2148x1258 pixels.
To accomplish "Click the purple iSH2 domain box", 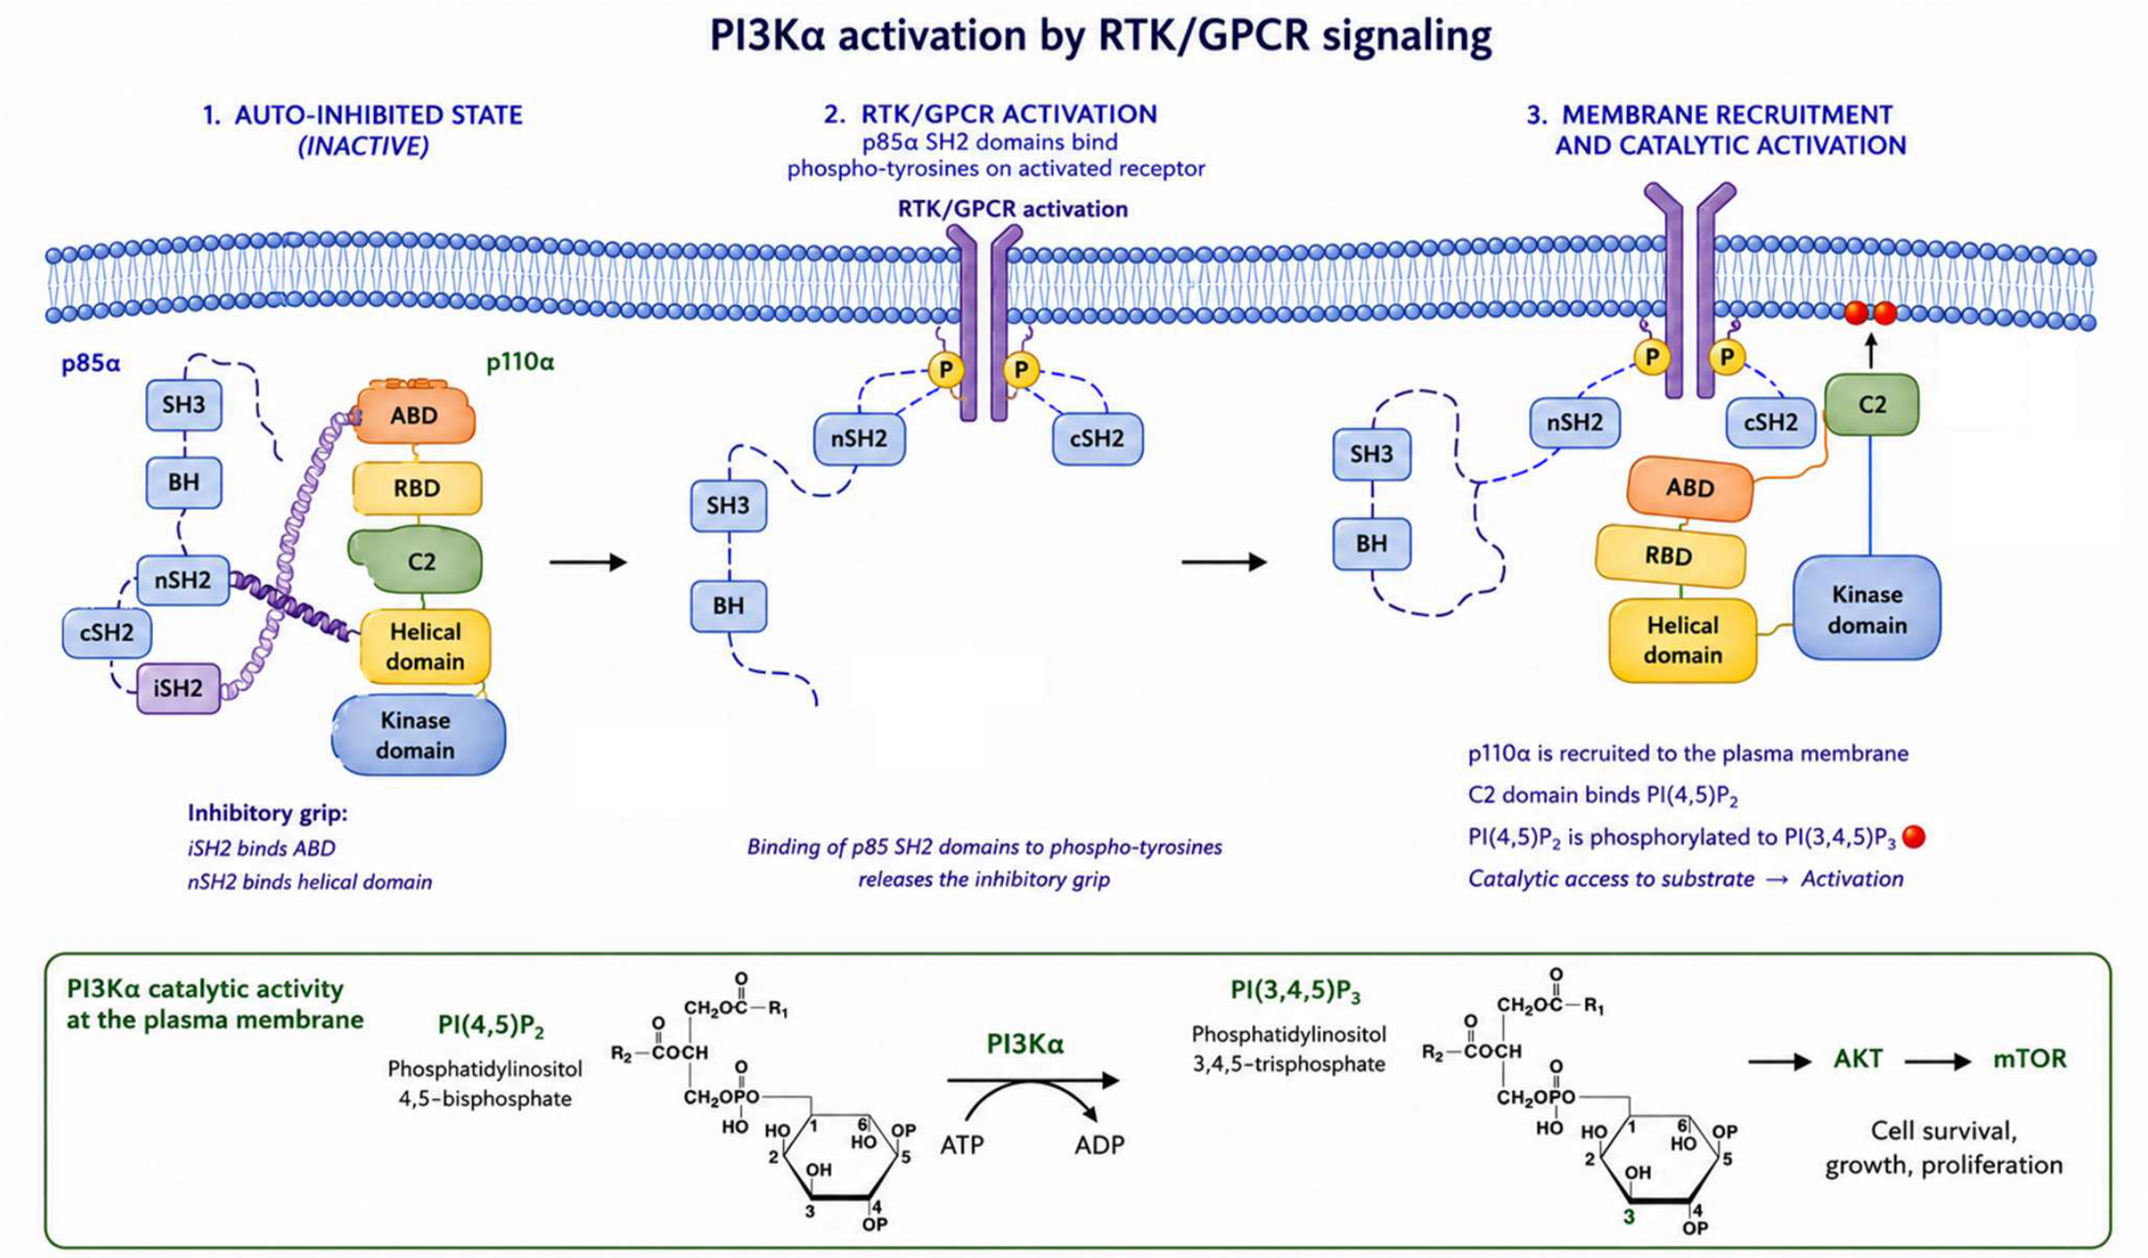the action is pyautogui.click(x=178, y=688).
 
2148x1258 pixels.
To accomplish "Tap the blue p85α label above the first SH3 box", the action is pyautogui.click(x=91, y=364).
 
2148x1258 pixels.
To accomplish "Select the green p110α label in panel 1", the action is pyautogui.click(x=520, y=363).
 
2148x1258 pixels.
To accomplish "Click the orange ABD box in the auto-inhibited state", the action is pyautogui.click(x=414, y=414).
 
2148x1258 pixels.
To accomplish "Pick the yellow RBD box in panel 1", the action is pyautogui.click(x=418, y=488).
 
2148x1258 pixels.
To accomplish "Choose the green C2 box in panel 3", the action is pyautogui.click(x=1872, y=404).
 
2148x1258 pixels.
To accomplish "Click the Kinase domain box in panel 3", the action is pyautogui.click(x=1867, y=609).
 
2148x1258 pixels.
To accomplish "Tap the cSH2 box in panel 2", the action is pyautogui.click(x=1097, y=439).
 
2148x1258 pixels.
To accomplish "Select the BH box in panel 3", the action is pyautogui.click(x=1372, y=544).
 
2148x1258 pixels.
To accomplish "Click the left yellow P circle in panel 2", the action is pyautogui.click(x=945, y=369).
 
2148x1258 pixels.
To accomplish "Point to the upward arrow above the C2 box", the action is pyautogui.click(x=1871, y=350).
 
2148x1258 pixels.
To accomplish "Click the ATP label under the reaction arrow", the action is pyautogui.click(x=962, y=1145).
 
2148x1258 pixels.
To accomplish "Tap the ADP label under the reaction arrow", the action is pyautogui.click(x=1099, y=1145).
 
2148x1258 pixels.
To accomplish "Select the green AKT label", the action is pyautogui.click(x=1858, y=1059).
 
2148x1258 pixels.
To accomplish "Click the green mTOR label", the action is pyautogui.click(x=2029, y=1059).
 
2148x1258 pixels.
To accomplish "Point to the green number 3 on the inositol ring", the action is pyautogui.click(x=1629, y=1216).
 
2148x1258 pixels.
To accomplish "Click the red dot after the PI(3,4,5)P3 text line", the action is pyautogui.click(x=1915, y=836).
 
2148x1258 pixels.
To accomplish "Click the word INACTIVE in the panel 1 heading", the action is pyautogui.click(x=364, y=146).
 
